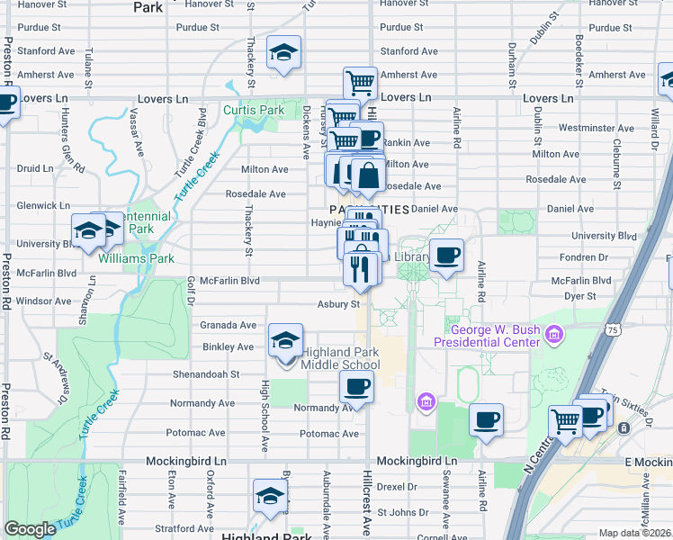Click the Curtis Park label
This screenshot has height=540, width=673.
(254, 111)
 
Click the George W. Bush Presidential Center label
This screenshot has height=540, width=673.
(487, 336)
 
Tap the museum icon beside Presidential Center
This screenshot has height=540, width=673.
(554, 336)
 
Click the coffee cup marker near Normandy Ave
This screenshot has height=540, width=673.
(356, 388)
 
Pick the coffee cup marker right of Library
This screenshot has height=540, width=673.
(446, 256)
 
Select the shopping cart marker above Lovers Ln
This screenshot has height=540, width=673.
(360, 84)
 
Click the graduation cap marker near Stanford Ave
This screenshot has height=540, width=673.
(283, 55)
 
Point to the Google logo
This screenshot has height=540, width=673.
(30, 529)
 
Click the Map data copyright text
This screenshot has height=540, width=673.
(635, 533)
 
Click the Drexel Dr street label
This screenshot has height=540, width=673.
(398, 487)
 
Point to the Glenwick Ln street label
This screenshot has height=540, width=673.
(43, 206)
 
